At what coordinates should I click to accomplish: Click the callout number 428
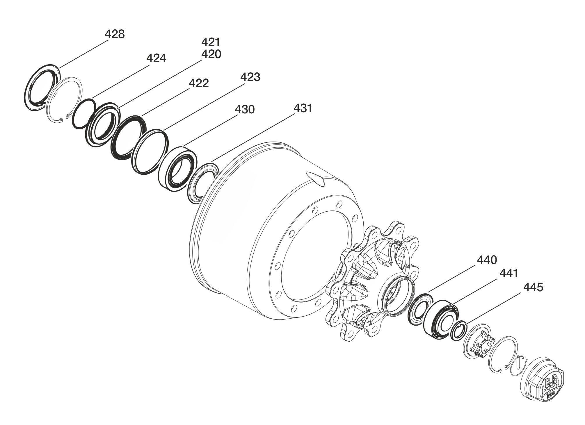115,34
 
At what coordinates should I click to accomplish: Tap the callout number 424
156,58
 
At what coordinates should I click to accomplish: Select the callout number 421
211,42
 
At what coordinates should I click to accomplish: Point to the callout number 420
211,54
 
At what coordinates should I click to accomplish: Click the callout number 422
199,83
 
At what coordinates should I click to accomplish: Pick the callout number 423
250,77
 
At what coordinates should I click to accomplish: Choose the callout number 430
245,109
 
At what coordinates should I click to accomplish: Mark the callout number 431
303,108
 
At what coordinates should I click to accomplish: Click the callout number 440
487,260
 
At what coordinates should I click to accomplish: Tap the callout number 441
509,273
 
